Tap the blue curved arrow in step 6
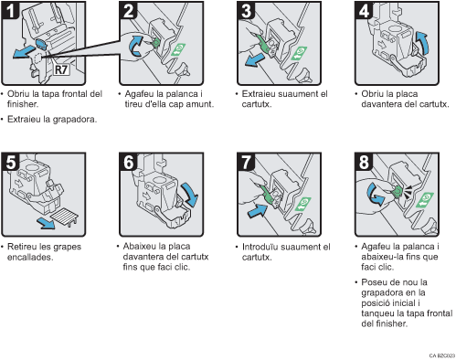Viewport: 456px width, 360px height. pyautogui.click(x=189, y=195)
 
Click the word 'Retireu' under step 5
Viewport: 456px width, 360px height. pyautogui.click(x=23, y=246)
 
